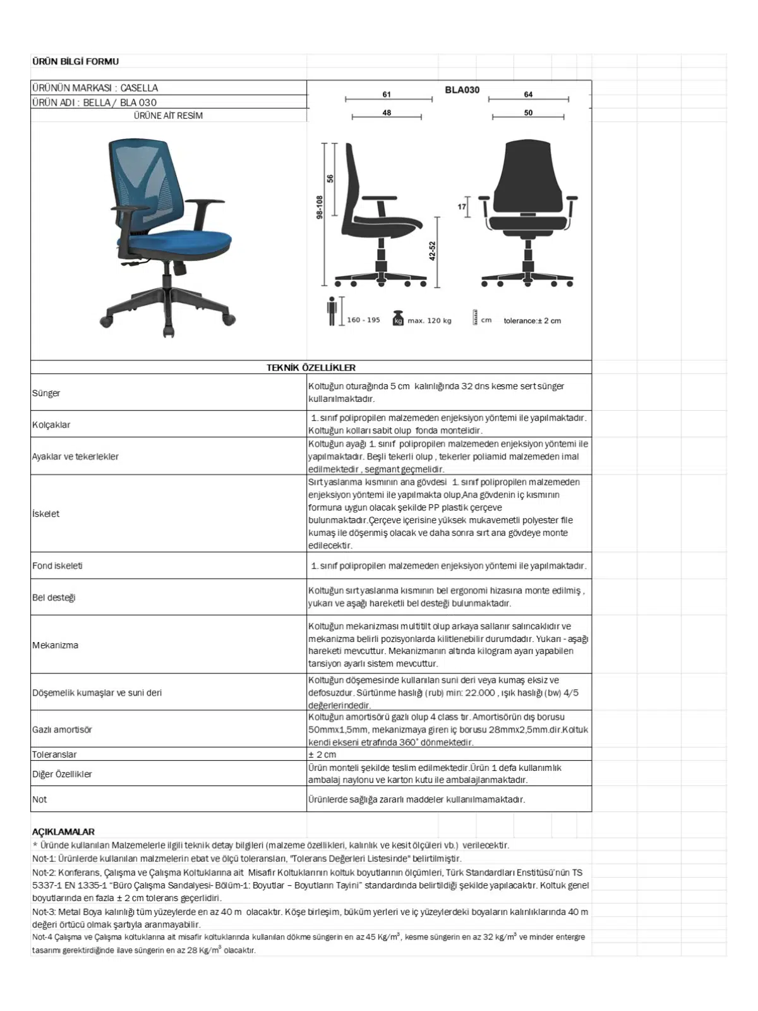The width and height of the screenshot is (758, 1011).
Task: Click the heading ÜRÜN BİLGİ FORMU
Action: pyautogui.click(x=75, y=61)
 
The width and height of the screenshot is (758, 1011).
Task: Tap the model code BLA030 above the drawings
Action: pyautogui.click(x=462, y=90)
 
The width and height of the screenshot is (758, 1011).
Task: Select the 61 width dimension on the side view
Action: pyautogui.click(x=387, y=94)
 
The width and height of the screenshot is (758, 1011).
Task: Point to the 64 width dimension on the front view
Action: pyautogui.click(x=528, y=94)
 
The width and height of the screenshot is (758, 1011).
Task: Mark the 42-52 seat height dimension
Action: pyautogui.click(x=432, y=250)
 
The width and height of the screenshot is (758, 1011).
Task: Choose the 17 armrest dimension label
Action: pyautogui.click(x=462, y=207)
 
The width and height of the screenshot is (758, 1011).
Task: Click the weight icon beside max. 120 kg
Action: pyautogui.click(x=398, y=318)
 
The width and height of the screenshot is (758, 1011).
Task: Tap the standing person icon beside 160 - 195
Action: pyautogui.click(x=332, y=311)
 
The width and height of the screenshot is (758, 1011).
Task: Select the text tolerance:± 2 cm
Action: pyautogui.click(x=532, y=320)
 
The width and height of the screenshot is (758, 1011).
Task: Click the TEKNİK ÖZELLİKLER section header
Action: pyautogui.click(x=311, y=367)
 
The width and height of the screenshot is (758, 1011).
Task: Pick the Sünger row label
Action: pyautogui.click(x=46, y=393)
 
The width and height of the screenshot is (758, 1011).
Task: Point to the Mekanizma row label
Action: pyautogui.click(x=56, y=645)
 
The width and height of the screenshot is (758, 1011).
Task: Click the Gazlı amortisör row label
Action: pyautogui.click(x=62, y=729)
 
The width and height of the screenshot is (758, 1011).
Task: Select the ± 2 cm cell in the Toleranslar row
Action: pyautogui.click(x=322, y=754)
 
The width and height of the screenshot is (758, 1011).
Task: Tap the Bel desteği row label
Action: pyautogui.click(x=54, y=597)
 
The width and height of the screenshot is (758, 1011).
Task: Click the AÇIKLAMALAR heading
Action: pyautogui.click(x=63, y=832)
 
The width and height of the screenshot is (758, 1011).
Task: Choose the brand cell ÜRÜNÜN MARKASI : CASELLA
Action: pyautogui.click(x=95, y=88)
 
